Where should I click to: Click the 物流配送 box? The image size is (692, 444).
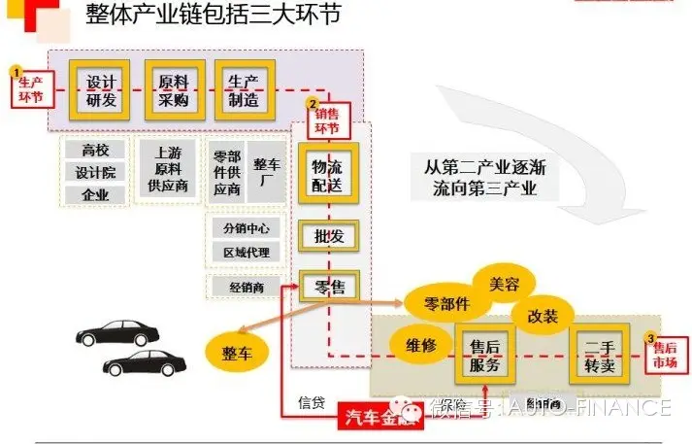[x=328, y=173]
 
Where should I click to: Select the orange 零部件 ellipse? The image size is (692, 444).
[x=446, y=303]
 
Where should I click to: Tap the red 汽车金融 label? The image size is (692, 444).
[x=377, y=417]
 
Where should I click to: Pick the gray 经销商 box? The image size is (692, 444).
[x=247, y=287]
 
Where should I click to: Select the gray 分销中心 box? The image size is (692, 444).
[x=247, y=228]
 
